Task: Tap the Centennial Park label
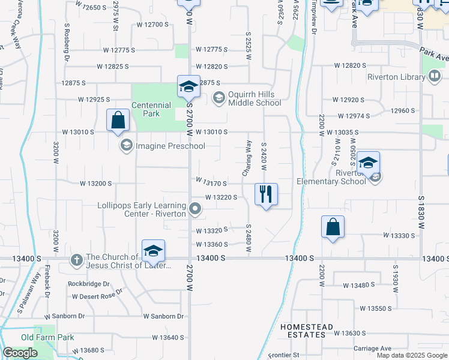coord(151,109)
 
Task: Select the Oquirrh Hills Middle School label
coord(255,98)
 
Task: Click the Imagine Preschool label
coord(170,146)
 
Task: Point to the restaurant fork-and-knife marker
coord(266,194)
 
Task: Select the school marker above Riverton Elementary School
coord(368,163)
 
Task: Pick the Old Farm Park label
coord(47,337)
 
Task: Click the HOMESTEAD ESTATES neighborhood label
coord(307,331)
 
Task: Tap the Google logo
coord(20,353)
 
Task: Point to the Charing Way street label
coord(245,158)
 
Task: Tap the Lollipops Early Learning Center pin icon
coord(194,209)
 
